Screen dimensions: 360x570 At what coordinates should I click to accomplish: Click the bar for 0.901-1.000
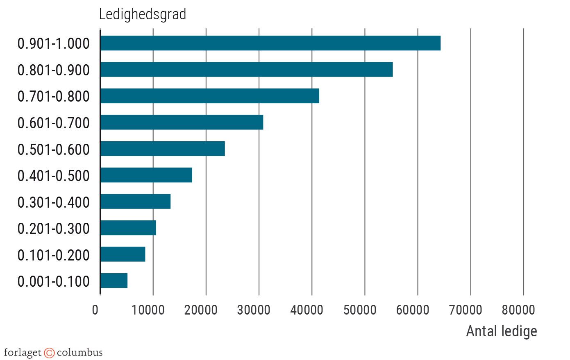pyautogui.click(x=270, y=43)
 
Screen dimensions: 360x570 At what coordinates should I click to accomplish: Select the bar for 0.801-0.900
pyautogui.click(x=246, y=70)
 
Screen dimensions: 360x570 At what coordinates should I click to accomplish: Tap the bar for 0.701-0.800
pyautogui.click(x=209, y=96)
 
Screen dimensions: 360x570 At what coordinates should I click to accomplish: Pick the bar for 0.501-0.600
pyautogui.click(x=162, y=149)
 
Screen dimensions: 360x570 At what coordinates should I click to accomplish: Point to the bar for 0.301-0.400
pyautogui.click(x=135, y=202)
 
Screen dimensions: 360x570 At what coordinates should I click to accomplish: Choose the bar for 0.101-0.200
pyautogui.click(x=123, y=254)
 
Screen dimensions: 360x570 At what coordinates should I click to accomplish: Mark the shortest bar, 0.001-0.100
pyautogui.click(x=114, y=281)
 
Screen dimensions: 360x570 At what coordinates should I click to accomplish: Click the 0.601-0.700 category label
pyautogui.click(x=53, y=123)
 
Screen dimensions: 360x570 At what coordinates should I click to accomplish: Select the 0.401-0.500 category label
pyautogui.click(x=53, y=176)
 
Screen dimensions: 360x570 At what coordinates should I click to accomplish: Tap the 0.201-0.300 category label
pyautogui.click(x=53, y=229)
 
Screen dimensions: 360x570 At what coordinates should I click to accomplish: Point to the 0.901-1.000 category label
pyautogui.click(x=53, y=43)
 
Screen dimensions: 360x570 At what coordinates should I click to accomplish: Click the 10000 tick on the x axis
pyautogui.click(x=148, y=310)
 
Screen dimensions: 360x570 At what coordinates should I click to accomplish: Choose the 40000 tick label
pyautogui.click(x=307, y=310)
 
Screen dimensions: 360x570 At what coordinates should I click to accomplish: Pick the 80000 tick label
pyautogui.click(x=518, y=310)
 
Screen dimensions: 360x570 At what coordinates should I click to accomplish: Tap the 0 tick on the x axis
pyautogui.click(x=95, y=310)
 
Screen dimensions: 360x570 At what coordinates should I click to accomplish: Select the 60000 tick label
pyautogui.click(x=413, y=310)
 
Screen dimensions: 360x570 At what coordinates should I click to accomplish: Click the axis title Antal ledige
pyautogui.click(x=502, y=331)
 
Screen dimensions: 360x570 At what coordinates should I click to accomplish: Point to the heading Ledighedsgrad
pyautogui.click(x=143, y=14)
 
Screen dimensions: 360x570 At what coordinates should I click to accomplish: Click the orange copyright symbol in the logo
pyautogui.click(x=49, y=353)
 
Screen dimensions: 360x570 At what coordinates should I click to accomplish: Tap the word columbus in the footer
pyautogui.click(x=79, y=353)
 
